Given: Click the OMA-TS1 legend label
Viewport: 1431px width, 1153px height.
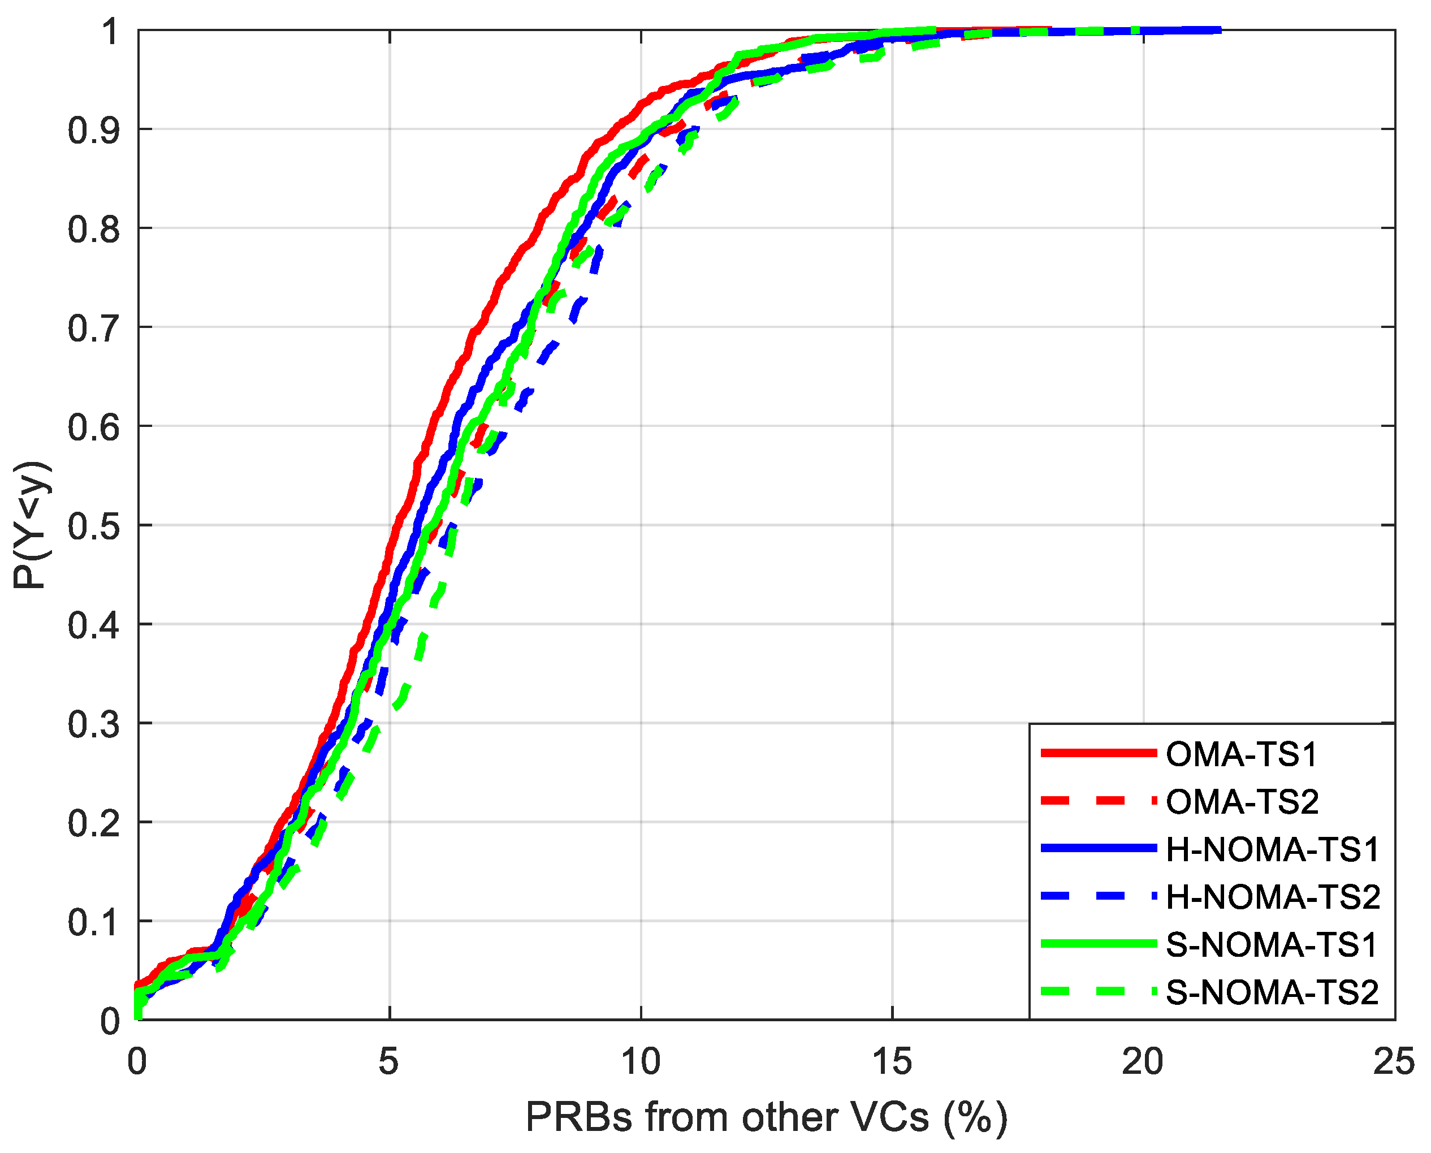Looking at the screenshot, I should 1240,754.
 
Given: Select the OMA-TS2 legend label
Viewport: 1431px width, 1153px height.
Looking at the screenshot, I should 1242,802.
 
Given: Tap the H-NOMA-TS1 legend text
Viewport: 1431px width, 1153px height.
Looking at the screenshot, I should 1272,850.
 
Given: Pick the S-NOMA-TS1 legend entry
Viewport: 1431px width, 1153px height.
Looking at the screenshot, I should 1272,945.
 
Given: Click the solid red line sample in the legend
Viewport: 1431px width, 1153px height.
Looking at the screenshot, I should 1099,753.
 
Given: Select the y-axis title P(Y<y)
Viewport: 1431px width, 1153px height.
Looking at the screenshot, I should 31,525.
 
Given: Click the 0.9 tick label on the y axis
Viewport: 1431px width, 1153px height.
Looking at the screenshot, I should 94,130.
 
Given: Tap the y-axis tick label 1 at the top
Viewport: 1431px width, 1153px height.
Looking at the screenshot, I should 110,31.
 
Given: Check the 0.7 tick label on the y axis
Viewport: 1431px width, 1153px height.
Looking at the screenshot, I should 94,328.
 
